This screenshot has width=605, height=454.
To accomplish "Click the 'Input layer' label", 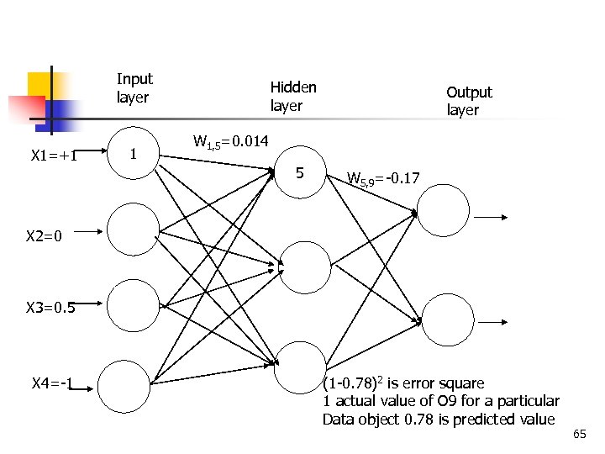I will pyautogui.click(x=134, y=88).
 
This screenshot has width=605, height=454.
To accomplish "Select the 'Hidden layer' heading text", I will pyautogui.click(x=293, y=96).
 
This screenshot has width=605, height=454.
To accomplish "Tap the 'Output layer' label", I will pyautogui.click(x=468, y=101).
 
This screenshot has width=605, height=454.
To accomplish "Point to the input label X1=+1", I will pyautogui.click(x=54, y=156).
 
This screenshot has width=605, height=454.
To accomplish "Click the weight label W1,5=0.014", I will pyautogui.click(x=230, y=142).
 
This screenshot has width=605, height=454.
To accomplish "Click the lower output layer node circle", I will pyautogui.click(x=444, y=319).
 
